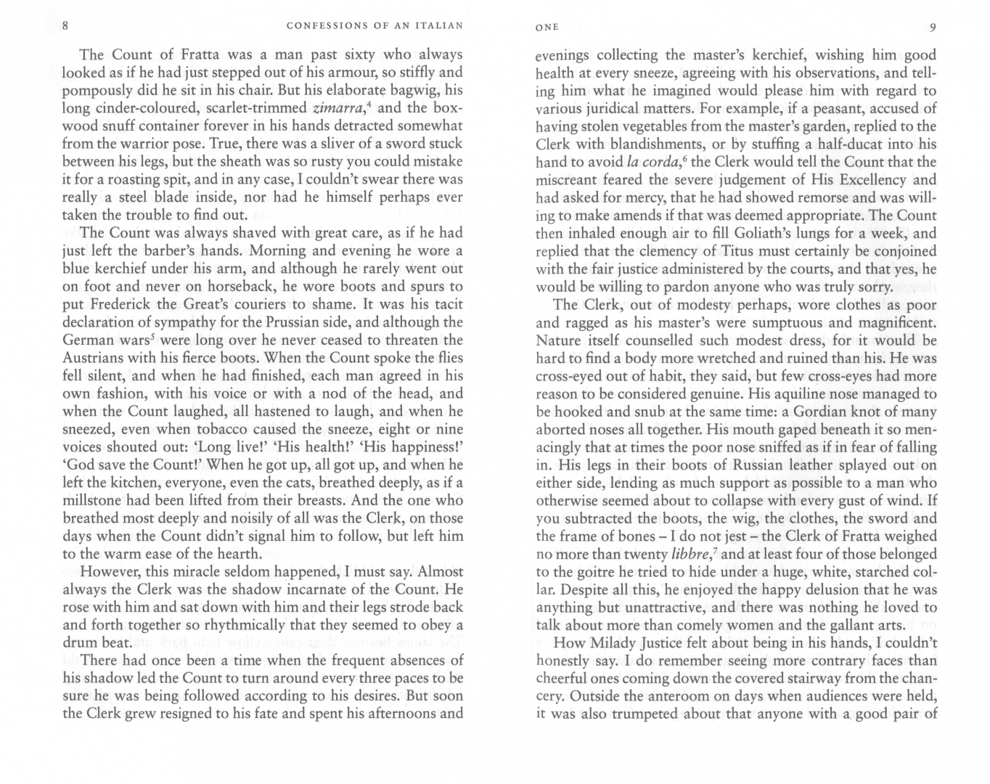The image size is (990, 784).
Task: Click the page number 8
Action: (66, 28)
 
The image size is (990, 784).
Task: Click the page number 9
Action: (933, 28)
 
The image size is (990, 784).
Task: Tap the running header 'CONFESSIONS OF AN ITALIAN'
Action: (375, 27)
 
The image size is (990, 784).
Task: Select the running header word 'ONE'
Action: (547, 28)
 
